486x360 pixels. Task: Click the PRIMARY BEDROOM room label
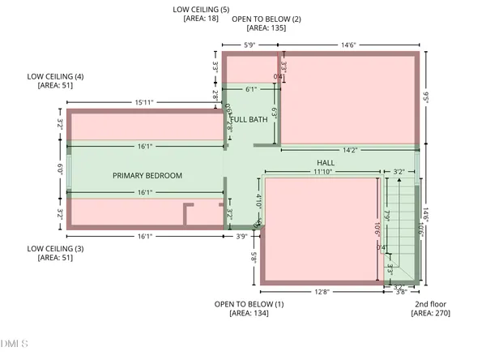147,176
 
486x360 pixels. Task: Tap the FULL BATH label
249,120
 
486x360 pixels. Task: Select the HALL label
326,161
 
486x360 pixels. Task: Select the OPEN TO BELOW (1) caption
249,304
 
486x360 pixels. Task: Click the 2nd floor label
429,304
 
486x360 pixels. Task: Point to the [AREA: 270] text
429,313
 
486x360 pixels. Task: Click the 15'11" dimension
145,102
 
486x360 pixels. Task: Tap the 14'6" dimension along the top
351,45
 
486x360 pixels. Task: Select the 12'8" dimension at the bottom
322,292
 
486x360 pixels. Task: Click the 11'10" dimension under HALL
322,171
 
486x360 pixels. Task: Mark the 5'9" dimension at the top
251,45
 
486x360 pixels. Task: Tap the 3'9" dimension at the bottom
241,237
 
